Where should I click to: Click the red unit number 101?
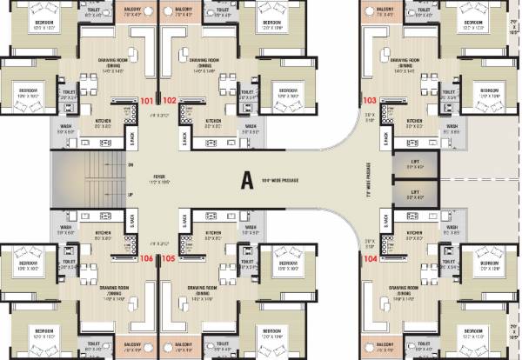click(x=146, y=100)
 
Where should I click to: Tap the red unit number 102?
click(x=170, y=100)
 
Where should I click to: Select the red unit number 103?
click(x=371, y=100)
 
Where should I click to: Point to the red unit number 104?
click(x=371, y=259)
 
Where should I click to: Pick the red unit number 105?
click(x=170, y=258)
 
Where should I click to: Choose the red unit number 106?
click(x=146, y=258)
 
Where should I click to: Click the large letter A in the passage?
click(x=247, y=180)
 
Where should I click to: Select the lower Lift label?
click(x=416, y=192)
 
